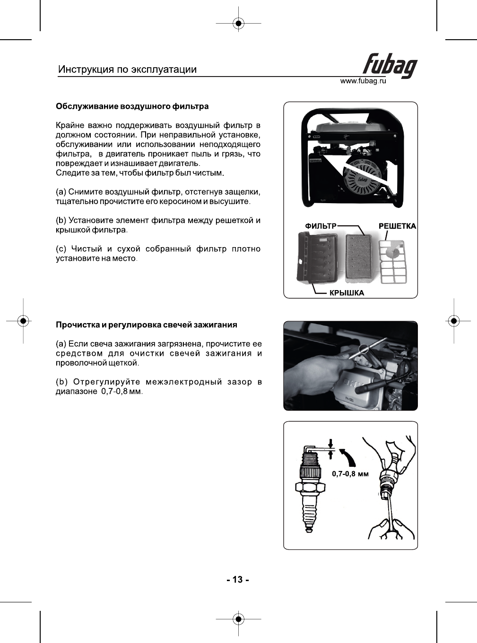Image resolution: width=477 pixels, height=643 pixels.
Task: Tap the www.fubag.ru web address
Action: click(x=363, y=81)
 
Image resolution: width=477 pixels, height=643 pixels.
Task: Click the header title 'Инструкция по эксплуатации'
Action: click(x=127, y=69)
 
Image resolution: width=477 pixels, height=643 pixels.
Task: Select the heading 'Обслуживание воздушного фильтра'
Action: click(x=132, y=106)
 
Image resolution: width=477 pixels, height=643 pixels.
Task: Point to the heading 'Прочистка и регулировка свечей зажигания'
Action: click(x=147, y=325)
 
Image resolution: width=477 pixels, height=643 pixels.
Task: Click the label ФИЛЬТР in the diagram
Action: click(x=321, y=226)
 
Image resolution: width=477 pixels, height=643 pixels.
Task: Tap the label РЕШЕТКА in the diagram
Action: click(x=397, y=226)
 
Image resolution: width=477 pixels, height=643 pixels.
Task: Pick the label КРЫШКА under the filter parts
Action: click(x=347, y=293)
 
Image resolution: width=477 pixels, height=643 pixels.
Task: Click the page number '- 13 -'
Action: click(x=238, y=580)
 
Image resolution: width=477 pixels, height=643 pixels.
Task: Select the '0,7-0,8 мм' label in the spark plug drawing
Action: click(x=350, y=473)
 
